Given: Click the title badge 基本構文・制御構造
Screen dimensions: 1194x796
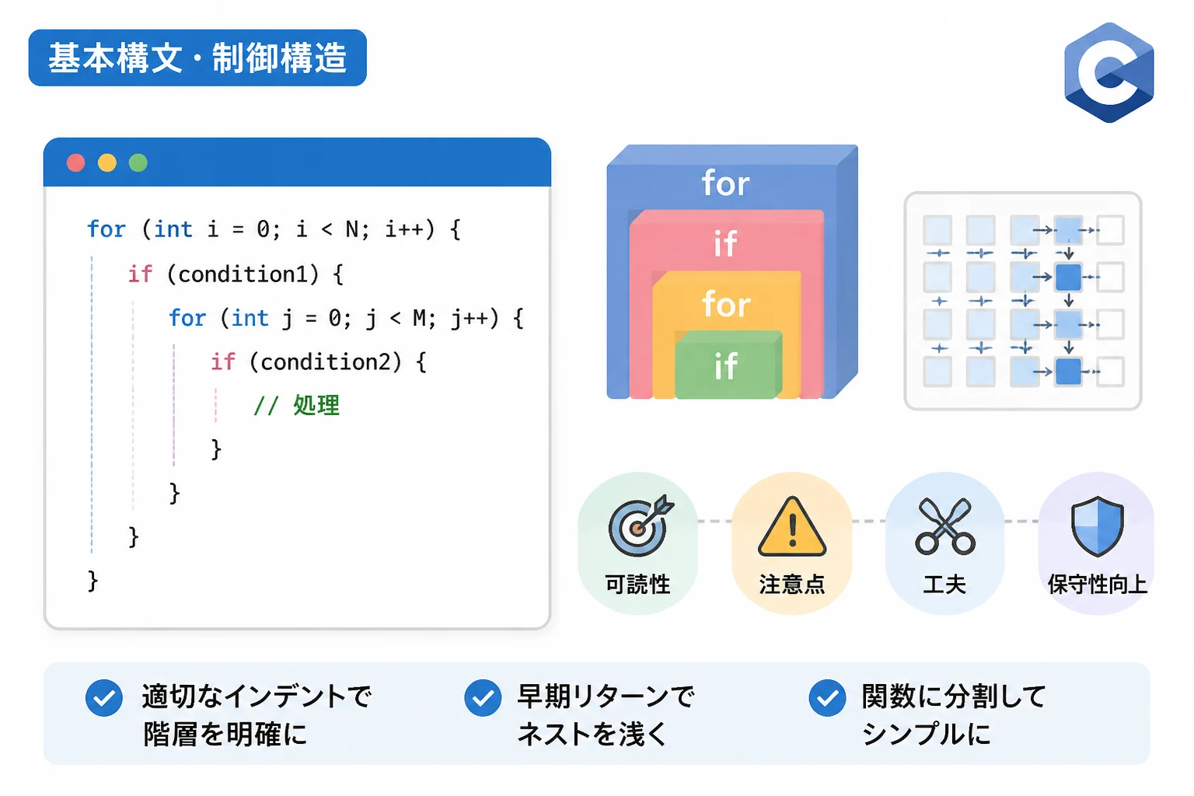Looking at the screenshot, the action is pos(197,58).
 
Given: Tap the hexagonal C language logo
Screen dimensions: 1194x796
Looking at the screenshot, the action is pos(1108,72).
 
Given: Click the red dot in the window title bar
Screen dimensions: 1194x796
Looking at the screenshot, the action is pos(75,162).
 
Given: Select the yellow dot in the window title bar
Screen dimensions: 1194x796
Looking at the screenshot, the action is pos(107,162).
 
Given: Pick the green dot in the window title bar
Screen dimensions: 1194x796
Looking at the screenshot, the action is pos(138,162).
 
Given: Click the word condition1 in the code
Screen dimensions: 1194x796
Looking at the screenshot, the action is pos(243,274).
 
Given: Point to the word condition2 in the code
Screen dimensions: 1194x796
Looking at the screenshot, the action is pos(325,362).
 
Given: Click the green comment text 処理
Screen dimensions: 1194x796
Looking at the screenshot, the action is pos(316,405).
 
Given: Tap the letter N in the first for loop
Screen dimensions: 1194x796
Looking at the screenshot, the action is pos(352,230).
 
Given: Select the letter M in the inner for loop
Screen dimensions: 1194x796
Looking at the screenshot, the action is pos(420,318).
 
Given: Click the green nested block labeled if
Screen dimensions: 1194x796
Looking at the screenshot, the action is pos(728,365).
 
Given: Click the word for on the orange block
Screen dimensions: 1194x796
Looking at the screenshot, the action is pos(726,305).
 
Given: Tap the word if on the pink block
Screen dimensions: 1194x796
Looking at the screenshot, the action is pos(725,243).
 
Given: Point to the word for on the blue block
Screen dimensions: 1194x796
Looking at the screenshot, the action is pos(725,183).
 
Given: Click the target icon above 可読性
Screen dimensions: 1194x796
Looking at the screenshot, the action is pos(641,525).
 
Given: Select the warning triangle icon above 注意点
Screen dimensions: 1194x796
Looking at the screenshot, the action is pos(792,527).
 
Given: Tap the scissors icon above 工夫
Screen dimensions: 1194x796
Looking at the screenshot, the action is pos(945,526).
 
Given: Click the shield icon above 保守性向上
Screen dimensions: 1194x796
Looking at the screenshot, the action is pos(1098,526).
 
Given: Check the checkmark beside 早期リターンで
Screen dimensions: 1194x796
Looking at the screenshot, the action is pos(483,697).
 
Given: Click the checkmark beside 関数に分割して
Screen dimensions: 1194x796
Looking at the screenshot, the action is pos(827,697).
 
